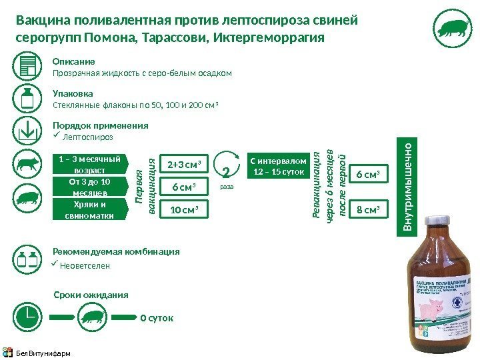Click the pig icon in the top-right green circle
click(x=453, y=29)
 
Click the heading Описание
click(x=73, y=62)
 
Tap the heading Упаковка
click(x=73, y=93)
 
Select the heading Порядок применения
click(x=100, y=125)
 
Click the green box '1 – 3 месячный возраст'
click(x=89, y=164)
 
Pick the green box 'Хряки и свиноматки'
click(x=89, y=210)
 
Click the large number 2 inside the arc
click(x=227, y=175)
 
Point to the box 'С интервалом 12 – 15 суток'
click(x=279, y=166)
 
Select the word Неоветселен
click(x=85, y=265)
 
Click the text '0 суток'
click(x=157, y=318)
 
